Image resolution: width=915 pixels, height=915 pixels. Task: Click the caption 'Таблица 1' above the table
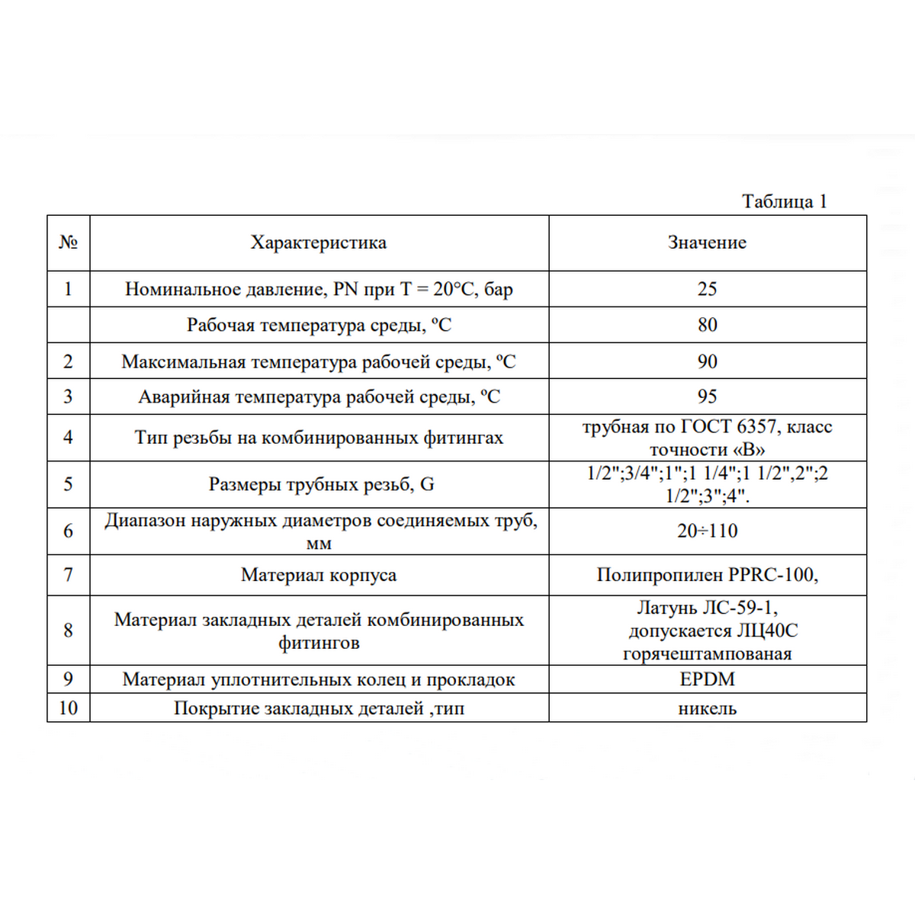(784, 201)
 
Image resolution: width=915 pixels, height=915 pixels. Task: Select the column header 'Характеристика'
(319, 242)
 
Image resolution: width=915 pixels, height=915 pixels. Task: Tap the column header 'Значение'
(707, 242)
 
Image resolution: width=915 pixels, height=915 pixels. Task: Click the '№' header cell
(68, 242)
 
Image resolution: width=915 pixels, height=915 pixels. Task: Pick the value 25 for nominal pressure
(707, 289)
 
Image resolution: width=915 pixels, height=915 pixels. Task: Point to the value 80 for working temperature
(707, 325)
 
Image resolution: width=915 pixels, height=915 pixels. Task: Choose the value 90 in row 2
(707, 361)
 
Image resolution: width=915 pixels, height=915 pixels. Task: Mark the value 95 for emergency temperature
(707, 396)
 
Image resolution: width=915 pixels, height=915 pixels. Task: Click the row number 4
(68, 438)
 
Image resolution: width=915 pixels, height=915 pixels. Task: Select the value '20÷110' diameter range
(707, 531)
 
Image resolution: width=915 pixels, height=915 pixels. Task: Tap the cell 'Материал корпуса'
(319, 575)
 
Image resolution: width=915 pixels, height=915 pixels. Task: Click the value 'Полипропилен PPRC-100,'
(707, 575)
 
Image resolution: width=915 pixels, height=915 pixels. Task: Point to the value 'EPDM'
(707, 679)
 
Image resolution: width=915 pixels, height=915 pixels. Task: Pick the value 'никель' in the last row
(707, 708)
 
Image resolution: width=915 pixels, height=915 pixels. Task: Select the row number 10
(68, 708)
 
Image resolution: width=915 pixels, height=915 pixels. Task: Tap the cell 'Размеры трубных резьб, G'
(321, 484)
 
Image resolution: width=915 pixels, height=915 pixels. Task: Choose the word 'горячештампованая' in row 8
(707, 654)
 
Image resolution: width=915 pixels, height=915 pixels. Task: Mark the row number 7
(68, 575)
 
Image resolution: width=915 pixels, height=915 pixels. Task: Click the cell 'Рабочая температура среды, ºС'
(319, 325)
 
